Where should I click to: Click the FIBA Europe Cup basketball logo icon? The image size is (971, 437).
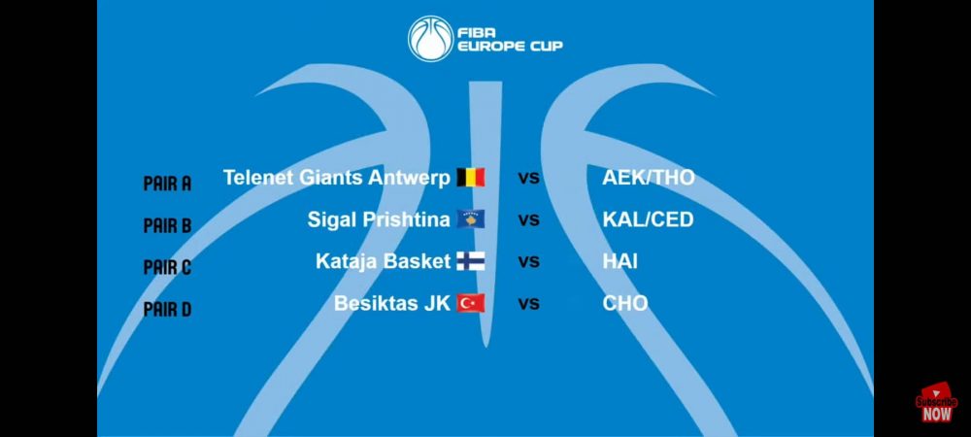[431, 39]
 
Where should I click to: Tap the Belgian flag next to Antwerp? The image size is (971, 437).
[471, 178]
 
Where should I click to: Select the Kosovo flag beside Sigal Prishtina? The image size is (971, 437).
[471, 219]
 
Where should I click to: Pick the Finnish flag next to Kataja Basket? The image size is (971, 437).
[471, 261]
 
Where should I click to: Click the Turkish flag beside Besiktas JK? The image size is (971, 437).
[471, 303]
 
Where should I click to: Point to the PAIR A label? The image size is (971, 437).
[167, 184]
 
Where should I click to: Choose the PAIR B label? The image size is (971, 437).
[167, 226]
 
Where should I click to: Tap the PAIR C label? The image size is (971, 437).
[167, 267]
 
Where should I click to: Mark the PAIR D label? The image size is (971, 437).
[167, 309]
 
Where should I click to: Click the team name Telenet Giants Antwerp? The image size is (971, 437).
[337, 179]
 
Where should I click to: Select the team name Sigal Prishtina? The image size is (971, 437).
[379, 219]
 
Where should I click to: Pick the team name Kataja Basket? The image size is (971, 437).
[384, 261]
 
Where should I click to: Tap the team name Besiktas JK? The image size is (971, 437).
[392, 303]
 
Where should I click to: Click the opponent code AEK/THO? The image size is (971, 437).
[649, 179]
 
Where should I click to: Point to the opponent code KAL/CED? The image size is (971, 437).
[648, 219]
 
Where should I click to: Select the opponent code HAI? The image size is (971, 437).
[619, 261]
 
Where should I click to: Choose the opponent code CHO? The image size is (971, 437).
[625, 303]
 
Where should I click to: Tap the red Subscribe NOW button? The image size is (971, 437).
[936, 403]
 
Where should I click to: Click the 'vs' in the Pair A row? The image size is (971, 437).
[529, 179]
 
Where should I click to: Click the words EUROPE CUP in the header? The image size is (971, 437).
[510, 47]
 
